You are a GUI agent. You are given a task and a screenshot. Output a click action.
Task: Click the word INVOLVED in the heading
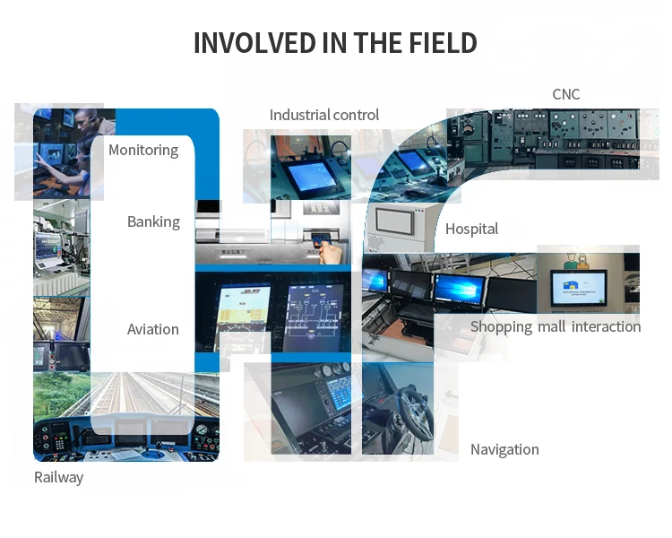coord(254,43)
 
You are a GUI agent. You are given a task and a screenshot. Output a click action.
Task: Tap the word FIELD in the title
coord(443,43)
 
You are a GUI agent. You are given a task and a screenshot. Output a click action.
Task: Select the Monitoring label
coord(143,151)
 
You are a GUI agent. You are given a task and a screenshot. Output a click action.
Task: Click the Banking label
coord(153,222)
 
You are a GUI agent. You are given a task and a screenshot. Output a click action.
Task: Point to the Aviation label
coord(153,329)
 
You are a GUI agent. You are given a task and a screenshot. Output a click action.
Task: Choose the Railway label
coord(59,478)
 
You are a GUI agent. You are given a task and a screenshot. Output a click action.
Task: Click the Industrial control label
coord(324,115)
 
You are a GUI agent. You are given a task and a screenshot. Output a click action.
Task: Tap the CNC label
coord(566,94)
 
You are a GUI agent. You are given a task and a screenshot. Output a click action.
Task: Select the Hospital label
coord(471,230)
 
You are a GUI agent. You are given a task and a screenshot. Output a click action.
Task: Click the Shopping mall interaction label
coord(556,327)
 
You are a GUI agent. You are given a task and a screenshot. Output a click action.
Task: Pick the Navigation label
coord(504,449)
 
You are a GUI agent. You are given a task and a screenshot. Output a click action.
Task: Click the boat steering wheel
coord(412,412)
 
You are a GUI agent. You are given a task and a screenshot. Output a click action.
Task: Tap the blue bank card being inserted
coord(320,239)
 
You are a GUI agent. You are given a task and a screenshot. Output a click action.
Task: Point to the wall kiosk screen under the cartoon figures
coord(579,287)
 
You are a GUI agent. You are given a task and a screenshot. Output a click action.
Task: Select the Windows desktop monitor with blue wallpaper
coord(460,290)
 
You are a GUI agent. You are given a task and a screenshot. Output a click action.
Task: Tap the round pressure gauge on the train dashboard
coord(201,429)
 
